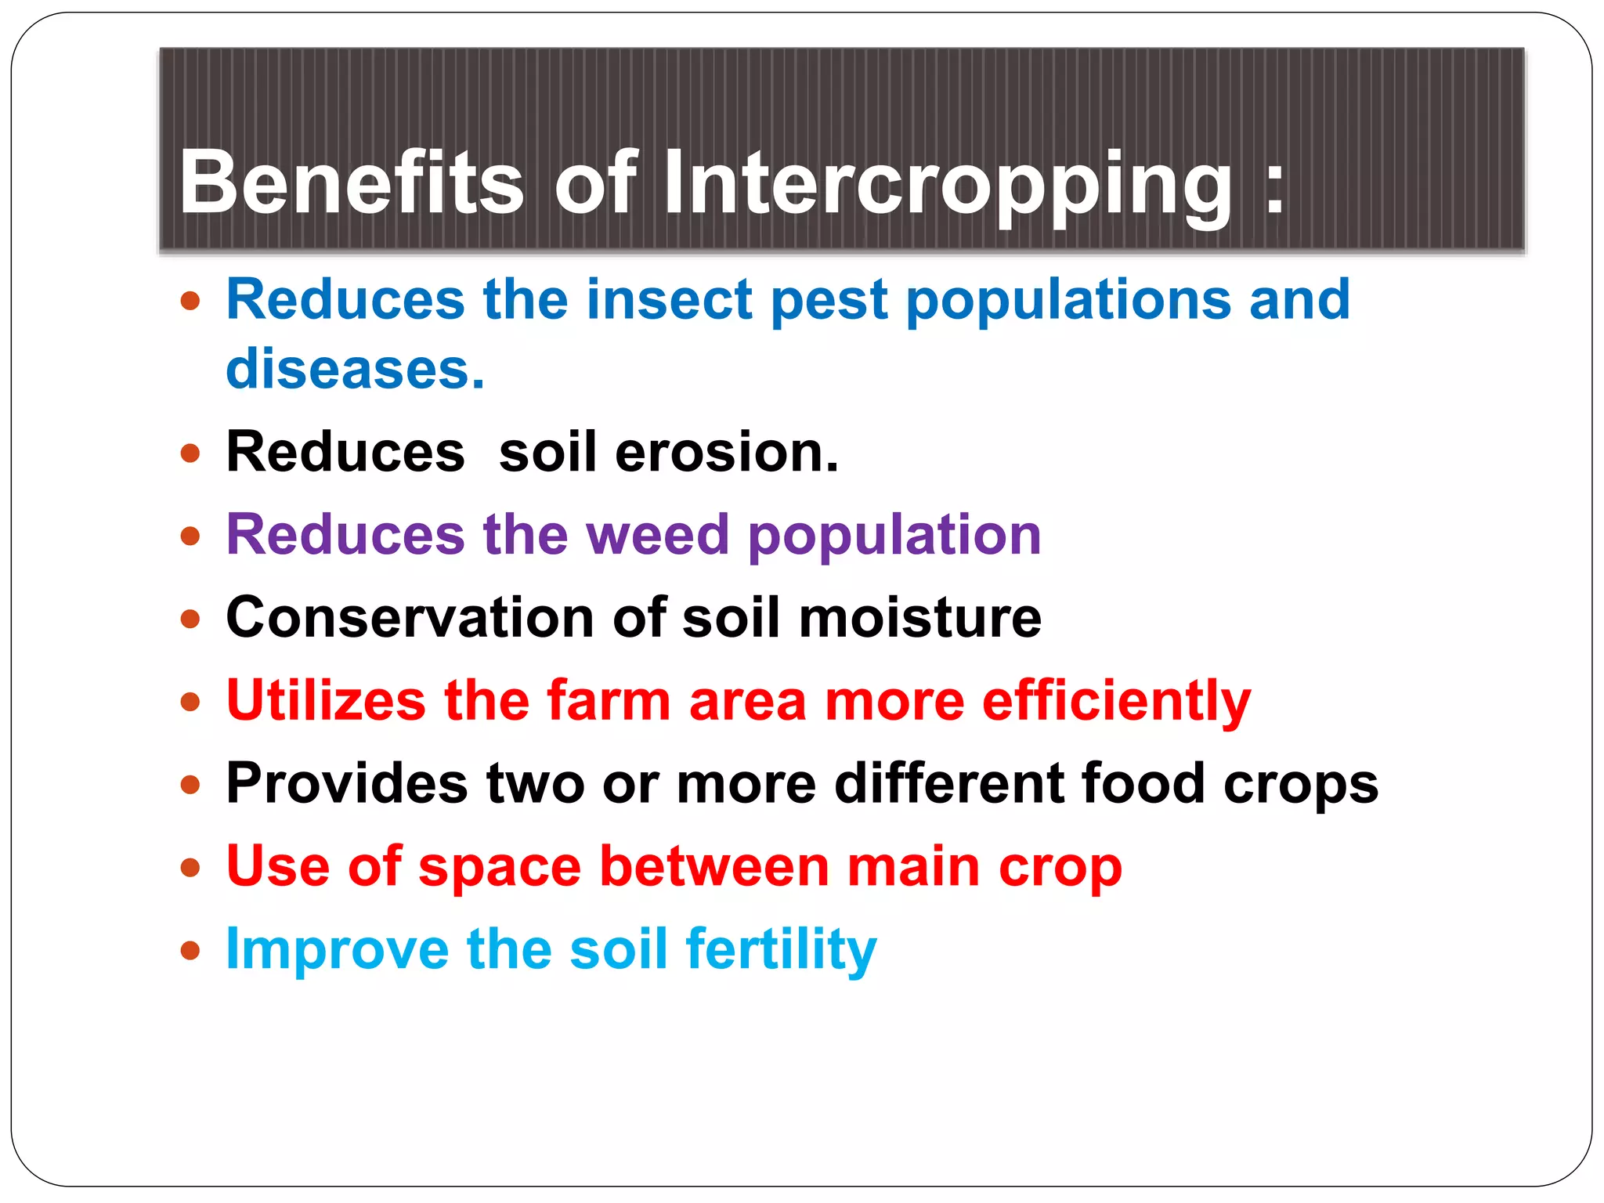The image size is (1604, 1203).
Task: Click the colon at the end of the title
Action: (x=1274, y=188)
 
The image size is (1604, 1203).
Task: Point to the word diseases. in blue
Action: (x=355, y=369)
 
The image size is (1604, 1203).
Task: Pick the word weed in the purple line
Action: (x=657, y=535)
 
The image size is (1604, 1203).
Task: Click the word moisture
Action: (x=920, y=617)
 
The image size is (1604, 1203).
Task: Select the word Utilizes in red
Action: (x=326, y=700)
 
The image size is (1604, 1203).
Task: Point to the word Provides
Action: (x=347, y=783)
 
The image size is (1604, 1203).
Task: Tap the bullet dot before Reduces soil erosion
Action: (x=190, y=453)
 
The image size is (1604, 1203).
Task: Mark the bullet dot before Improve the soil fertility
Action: (x=190, y=951)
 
